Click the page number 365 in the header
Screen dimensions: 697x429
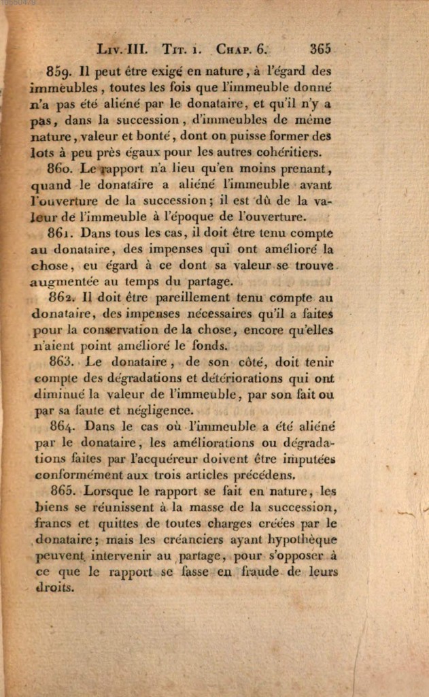pos(320,49)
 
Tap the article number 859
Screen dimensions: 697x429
pos(61,71)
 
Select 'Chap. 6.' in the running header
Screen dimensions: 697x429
pos(243,49)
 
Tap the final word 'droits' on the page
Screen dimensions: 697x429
pos(54,588)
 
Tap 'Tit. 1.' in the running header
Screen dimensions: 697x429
pos(182,49)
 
